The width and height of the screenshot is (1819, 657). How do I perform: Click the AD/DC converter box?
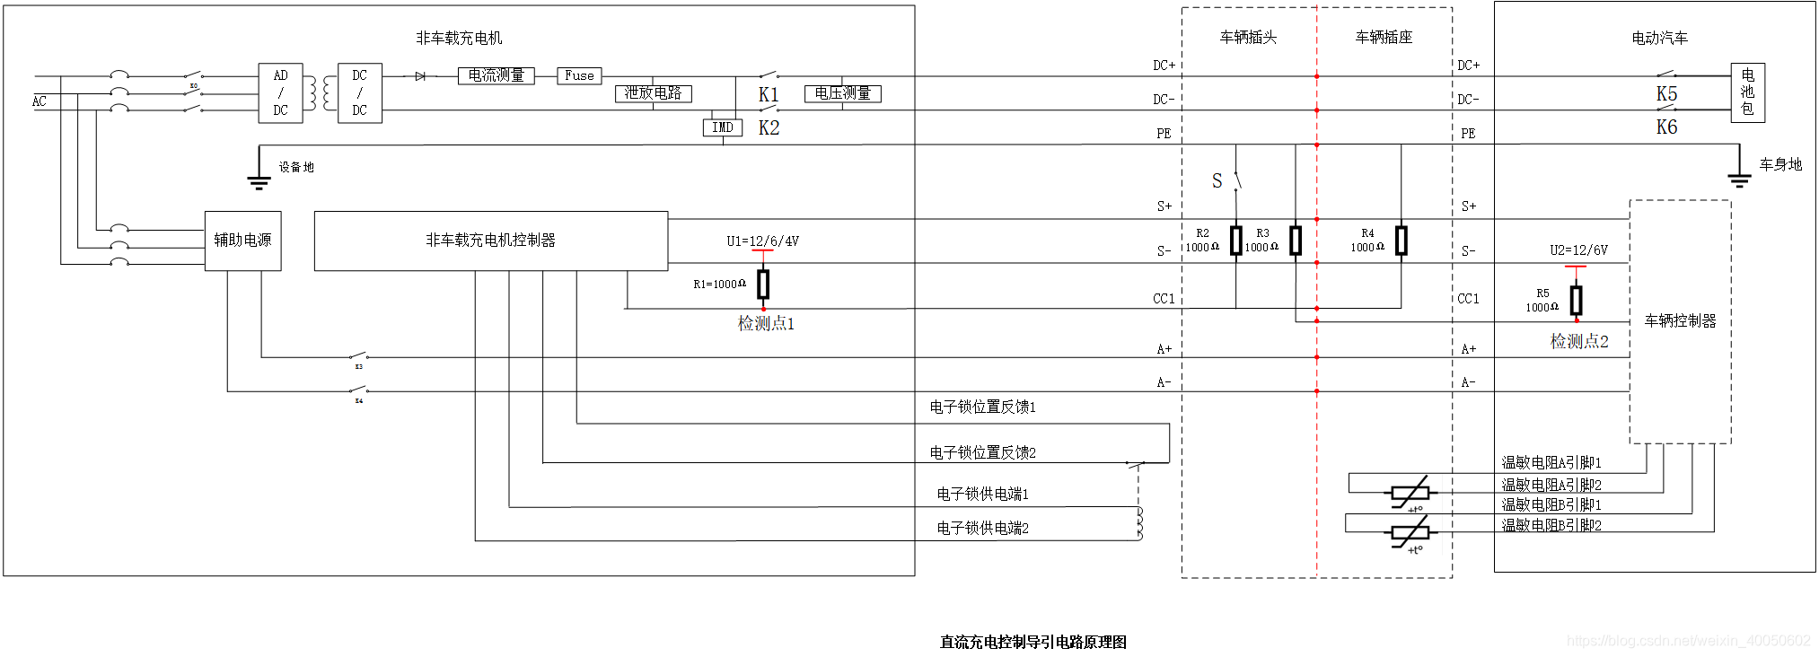(280, 92)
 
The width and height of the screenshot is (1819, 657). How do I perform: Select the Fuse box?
(579, 76)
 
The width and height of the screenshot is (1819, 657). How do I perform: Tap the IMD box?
(723, 127)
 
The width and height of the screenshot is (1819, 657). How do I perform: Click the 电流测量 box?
(496, 76)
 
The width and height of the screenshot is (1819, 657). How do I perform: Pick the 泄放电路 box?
(653, 93)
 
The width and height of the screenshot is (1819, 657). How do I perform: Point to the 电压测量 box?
(842, 93)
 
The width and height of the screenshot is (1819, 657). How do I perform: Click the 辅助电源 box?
(242, 241)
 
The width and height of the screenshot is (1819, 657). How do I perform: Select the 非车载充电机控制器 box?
(490, 241)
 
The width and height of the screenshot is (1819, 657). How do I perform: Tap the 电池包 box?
(1747, 92)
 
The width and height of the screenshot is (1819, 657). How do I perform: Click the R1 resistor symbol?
(763, 285)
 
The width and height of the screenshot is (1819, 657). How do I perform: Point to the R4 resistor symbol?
(1401, 241)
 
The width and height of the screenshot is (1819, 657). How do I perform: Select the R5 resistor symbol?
(1576, 300)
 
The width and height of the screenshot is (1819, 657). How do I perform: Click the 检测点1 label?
(766, 324)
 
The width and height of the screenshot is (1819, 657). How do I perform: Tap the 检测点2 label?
(1579, 342)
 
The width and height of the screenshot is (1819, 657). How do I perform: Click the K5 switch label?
(1666, 94)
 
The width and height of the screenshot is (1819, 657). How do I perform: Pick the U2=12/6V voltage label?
(1578, 250)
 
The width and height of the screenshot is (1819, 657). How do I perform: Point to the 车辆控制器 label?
(1680, 321)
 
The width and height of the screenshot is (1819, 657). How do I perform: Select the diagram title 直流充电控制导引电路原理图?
(1033, 642)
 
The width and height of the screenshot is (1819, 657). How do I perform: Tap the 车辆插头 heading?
(1248, 38)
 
